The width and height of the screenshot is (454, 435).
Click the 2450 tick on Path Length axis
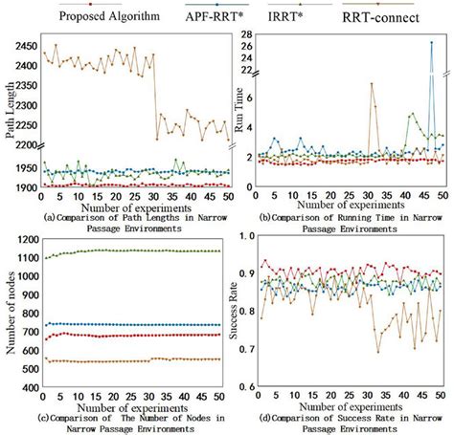click(x=23, y=45)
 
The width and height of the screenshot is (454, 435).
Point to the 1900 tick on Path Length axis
click(x=23, y=187)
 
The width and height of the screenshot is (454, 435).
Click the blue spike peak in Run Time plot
click(x=430, y=43)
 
